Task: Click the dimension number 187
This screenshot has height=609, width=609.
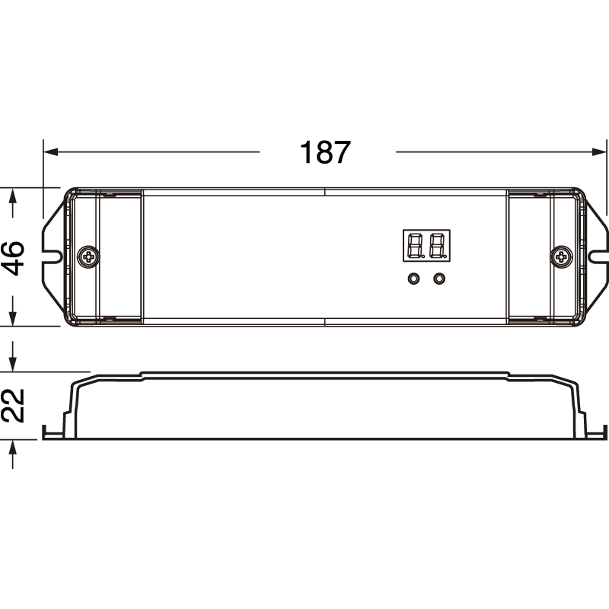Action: coord(325,152)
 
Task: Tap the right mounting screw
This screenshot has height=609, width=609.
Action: coord(562,257)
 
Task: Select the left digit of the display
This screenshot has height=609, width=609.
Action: coord(416,246)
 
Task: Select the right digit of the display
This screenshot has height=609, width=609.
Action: coord(436,246)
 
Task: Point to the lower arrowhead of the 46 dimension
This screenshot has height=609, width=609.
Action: coord(13,318)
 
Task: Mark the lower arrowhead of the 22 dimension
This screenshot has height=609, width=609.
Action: coord(13,447)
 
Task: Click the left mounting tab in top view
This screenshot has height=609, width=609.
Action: coord(54,257)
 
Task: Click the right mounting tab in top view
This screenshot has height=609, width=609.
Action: coord(597,257)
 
